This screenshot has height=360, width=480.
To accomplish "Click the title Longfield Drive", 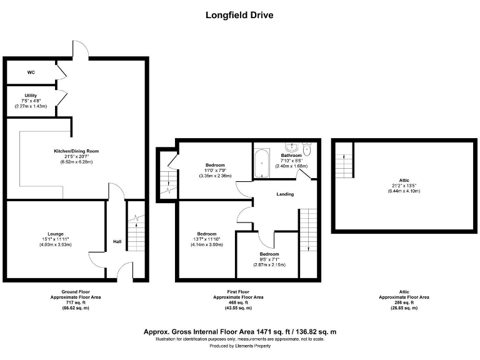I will pos(239,15).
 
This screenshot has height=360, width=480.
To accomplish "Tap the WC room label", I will pos(31,72).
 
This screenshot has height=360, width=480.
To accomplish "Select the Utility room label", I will pos(31,95).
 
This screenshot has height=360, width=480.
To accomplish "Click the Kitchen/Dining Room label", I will pos(76,151).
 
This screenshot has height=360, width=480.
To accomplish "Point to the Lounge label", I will pos(56,234).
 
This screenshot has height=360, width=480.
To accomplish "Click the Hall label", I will pos(117,242).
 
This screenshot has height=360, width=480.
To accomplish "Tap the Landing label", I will pos(285,194).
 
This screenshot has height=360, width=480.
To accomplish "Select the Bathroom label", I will pos(291,155).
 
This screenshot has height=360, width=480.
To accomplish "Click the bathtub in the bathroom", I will pos(262,162).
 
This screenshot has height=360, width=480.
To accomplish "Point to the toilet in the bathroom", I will pos(307,164).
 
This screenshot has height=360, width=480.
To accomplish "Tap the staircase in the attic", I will pos(343,161).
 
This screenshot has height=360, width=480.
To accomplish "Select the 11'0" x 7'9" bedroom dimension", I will pos(216,171).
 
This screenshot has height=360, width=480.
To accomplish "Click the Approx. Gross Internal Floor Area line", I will pos(239,331).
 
